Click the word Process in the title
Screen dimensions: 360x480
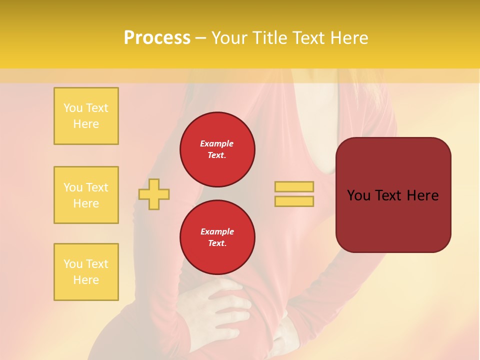[x=157, y=38]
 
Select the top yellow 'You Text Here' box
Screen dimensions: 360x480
[x=86, y=116]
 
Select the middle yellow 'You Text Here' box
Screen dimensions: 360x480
[x=86, y=195]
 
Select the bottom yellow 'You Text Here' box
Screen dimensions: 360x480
[x=86, y=272]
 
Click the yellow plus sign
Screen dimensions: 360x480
[x=154, y=194]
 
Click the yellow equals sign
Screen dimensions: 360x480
[x=294, y=194]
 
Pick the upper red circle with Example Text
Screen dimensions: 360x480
[x=217, y=149]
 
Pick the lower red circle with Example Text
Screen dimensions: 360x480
[x=217, y=237]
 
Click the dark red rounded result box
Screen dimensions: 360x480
[x=393, y=195]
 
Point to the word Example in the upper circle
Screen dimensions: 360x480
[x=216, y=143]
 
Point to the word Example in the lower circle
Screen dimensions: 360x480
[x=216, y=231]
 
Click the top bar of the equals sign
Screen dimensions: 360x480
[x=294, y=186]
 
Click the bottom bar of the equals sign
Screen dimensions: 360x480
[x=294, y=201]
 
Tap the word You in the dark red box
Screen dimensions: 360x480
[x=359, y=195]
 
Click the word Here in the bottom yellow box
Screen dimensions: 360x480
[x=86, y=280]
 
